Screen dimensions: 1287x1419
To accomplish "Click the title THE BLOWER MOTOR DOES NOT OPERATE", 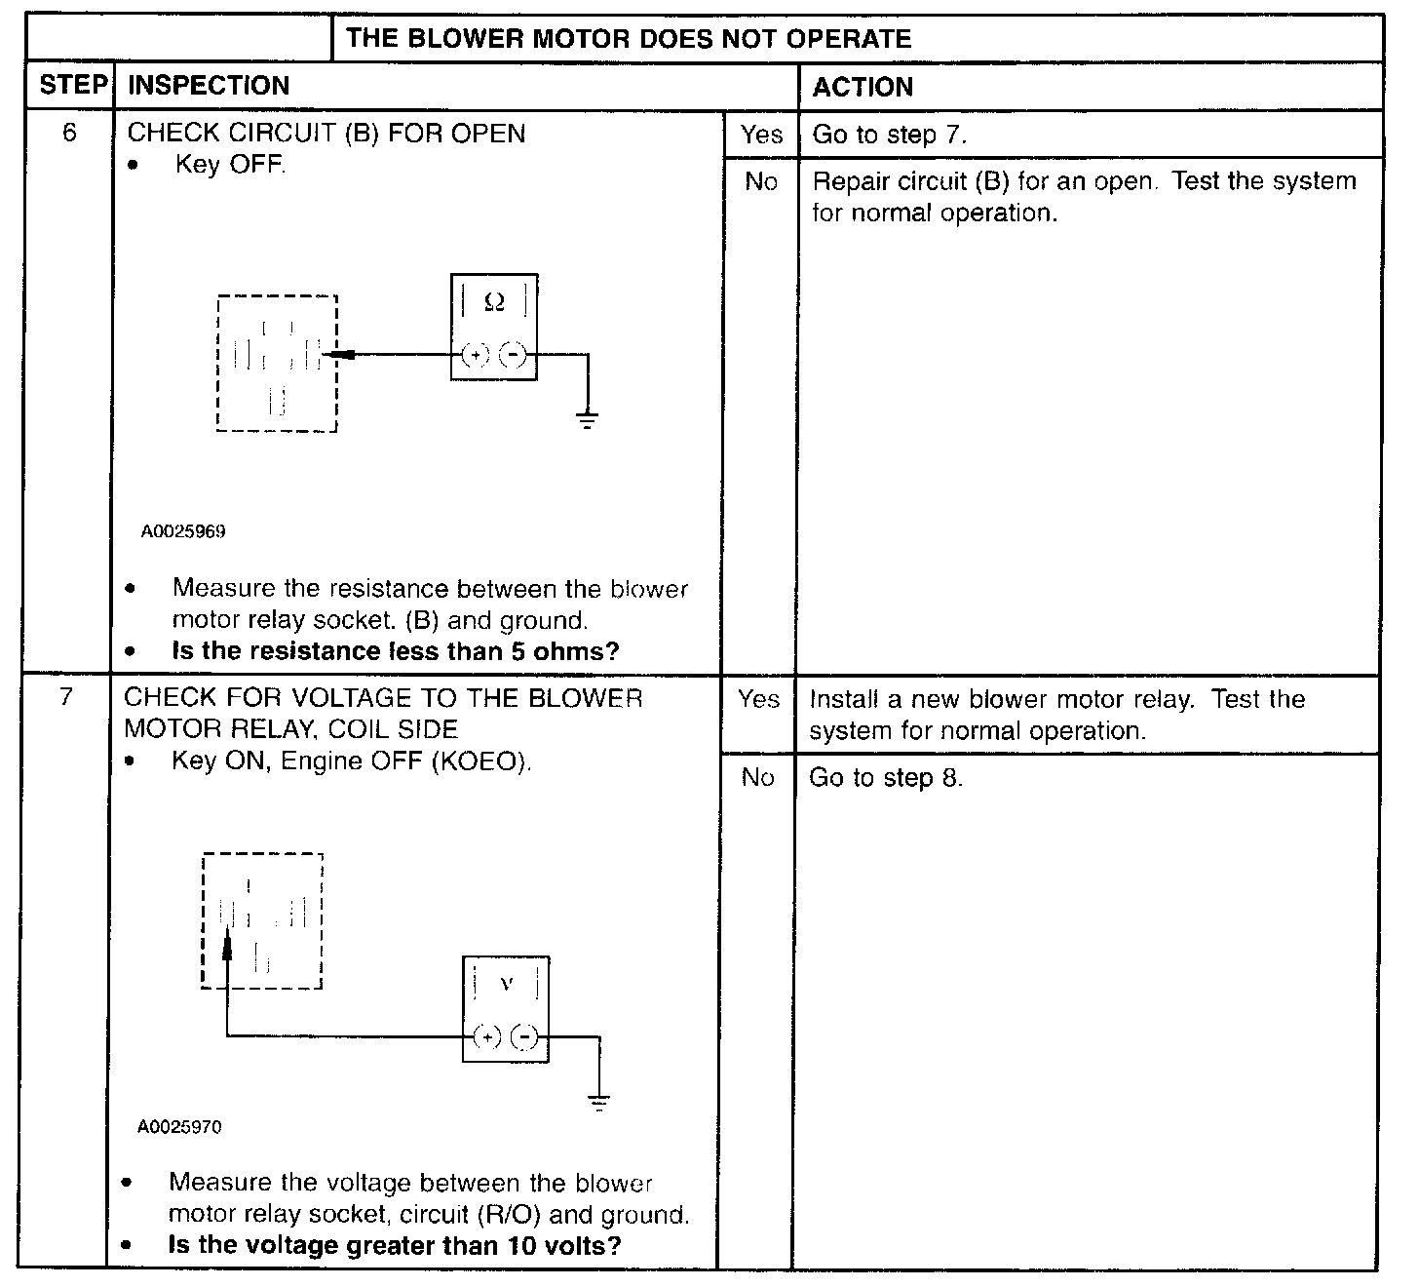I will pos(629,39).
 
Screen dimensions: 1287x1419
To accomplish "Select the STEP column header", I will pos(73,86).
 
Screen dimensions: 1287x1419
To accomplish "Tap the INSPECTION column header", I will pos(209,86).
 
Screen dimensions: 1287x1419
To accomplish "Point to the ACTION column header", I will pos(863,87).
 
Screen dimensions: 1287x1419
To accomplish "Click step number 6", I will pos(69,133).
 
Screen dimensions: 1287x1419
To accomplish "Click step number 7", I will pos(66,697).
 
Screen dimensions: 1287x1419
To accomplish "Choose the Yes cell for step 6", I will pos(760,135).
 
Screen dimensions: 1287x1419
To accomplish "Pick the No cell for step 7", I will pos(757,777).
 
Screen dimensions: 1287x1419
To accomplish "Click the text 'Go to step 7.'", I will pos(889,135).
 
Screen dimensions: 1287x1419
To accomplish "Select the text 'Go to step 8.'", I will pos(885,777).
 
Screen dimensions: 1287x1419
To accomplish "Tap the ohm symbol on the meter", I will pos(494,303).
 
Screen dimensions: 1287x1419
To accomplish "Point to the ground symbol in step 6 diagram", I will pos(587,420).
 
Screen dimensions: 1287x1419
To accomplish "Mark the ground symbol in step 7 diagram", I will pos(599,1103).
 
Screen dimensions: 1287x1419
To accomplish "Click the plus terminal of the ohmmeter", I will pos(475,355).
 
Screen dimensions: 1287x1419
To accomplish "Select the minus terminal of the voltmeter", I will pos(525,1036).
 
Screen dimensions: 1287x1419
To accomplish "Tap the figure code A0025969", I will pos(183,531).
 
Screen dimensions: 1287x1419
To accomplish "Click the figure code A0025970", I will pos(179,1127).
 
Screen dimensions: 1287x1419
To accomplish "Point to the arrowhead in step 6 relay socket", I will pos(335,355).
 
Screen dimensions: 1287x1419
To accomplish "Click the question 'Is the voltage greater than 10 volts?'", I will pos(394,1245).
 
